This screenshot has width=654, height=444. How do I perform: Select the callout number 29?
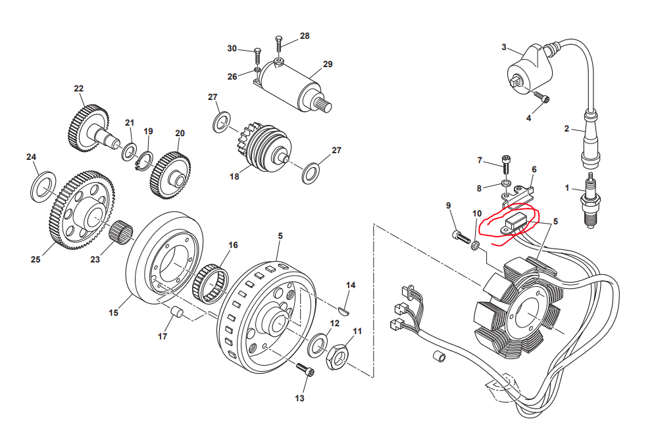(x=328, y=64)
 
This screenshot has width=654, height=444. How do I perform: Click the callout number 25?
(x=36, y=259)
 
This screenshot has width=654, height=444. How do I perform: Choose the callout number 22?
(x=79, y=88)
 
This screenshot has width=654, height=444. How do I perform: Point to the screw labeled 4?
(x=543, y=99)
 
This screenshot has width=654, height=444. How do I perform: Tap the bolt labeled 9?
(x=459, y=235)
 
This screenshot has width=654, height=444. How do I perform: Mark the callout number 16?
(x=233, y=245)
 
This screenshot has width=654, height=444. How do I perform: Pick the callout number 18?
(x=234, y=177)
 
